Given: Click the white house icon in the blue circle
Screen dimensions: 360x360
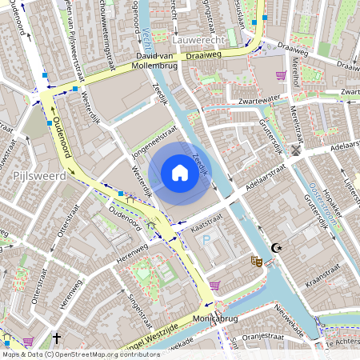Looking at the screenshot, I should click(x=180, y=172).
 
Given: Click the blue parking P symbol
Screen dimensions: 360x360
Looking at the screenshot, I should click(x=206, y=240).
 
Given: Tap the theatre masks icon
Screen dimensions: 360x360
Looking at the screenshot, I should click(x=256, y=261).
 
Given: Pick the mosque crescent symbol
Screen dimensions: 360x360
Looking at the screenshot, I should click(x=277, y=248).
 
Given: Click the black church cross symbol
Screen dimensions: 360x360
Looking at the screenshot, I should click(x=57, y=338).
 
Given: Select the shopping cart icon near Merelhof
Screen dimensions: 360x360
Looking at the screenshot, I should click(x=281, y=75).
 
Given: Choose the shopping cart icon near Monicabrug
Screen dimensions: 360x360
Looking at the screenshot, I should click(x=214, y=284).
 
